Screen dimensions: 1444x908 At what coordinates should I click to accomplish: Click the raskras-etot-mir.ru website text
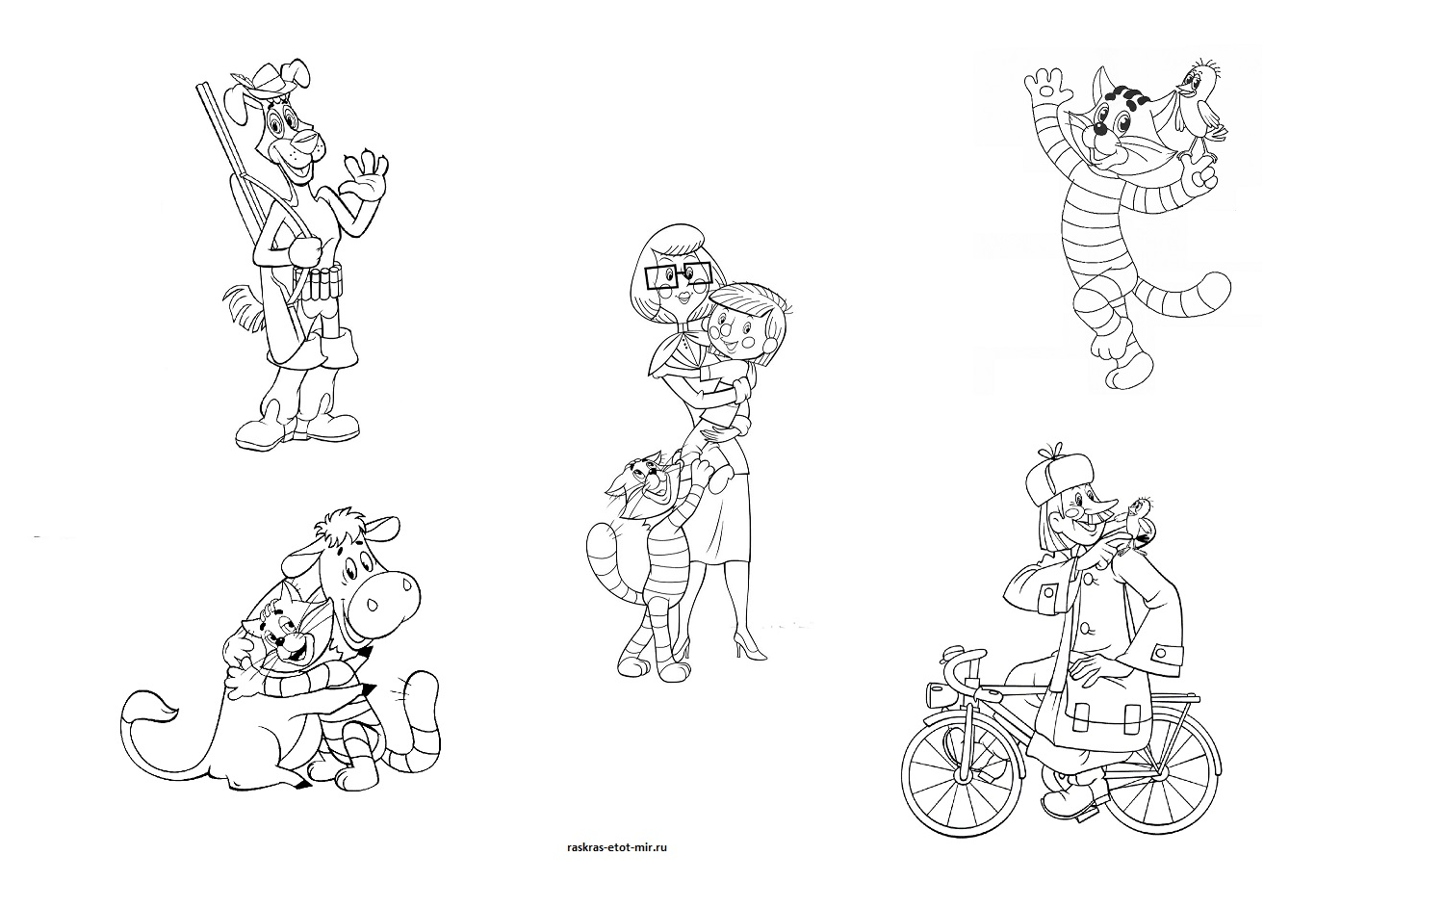click(617, 847)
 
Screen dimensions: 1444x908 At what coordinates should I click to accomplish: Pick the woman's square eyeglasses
click(678, 274)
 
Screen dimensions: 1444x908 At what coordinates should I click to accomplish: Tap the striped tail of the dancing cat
click(1185, 296)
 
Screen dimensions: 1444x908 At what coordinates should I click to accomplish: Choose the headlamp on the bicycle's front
click(936, 695)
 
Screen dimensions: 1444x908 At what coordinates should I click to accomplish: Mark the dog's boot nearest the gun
click(259, 432)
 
